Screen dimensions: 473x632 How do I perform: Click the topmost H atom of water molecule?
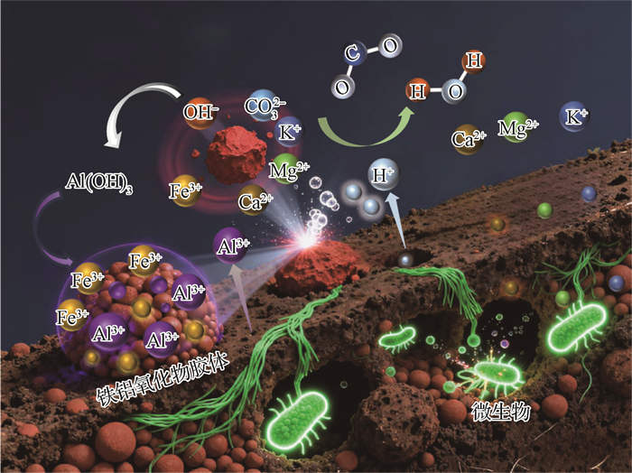click(472, 61)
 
